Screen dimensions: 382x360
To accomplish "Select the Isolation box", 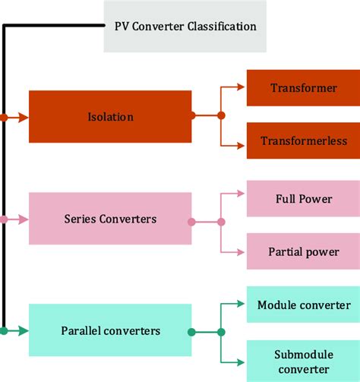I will [x=110, y=117].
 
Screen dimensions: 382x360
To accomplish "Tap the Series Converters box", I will [x=110, y=219].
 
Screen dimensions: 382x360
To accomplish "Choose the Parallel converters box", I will [x=110, y=331].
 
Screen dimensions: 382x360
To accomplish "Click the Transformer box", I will [x=303, y=88].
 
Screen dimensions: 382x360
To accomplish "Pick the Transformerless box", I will [x=303, y=141].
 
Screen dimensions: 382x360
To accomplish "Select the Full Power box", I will [x=303, y=199].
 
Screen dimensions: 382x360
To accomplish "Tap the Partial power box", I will [x=303, y=251].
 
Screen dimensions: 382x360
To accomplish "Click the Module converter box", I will [x=303, y=305].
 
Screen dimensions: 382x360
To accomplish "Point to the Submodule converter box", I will [x=303, y=361].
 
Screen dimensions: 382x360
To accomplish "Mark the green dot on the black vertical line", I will [x=5, y=330].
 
